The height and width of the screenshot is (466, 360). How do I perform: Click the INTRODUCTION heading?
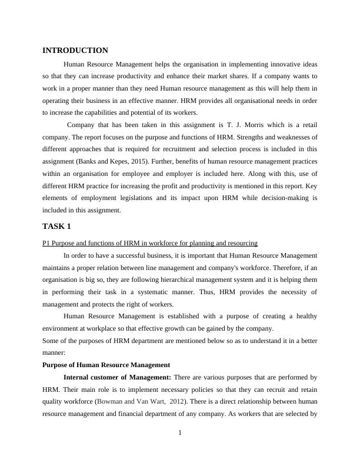(x=75, y=51)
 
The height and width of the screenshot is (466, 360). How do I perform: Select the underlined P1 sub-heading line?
(x=149, y=243)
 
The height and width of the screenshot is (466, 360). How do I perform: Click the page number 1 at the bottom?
(x=180, y=434)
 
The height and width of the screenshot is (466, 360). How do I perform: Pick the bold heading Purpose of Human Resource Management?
(x=106, y=365)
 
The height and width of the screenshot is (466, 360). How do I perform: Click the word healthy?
(x=305, y=316)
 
